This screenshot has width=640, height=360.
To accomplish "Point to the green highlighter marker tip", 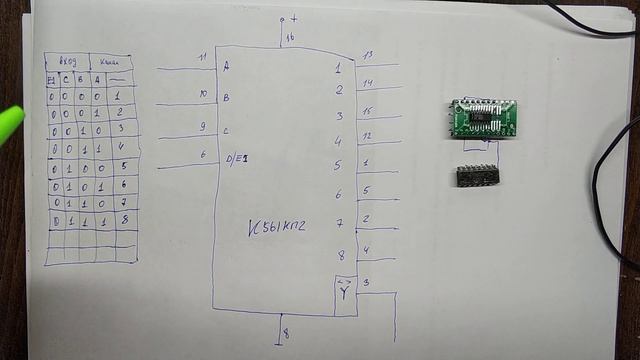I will [9, 121].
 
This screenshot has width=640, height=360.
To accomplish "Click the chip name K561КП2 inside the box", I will [277, 228].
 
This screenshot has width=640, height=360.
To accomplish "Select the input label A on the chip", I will [226, 67].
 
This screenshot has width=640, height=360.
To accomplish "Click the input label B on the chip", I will [226, 98].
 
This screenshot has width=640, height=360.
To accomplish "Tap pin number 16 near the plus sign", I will [290, 38].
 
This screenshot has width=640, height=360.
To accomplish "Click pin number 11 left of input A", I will [202, 58].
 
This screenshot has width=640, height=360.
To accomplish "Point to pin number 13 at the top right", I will [367, 55].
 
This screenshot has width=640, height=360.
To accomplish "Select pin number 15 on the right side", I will [367, 110].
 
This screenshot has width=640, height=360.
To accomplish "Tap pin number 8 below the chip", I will [286, 333].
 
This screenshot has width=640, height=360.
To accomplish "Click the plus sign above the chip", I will [293, 19].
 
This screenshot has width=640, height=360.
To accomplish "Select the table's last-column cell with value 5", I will [124, 166].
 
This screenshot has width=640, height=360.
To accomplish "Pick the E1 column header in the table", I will [51, 79].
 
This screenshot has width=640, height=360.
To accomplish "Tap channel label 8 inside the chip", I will [340, 256].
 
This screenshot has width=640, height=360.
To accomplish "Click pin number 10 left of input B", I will [202, 94].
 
